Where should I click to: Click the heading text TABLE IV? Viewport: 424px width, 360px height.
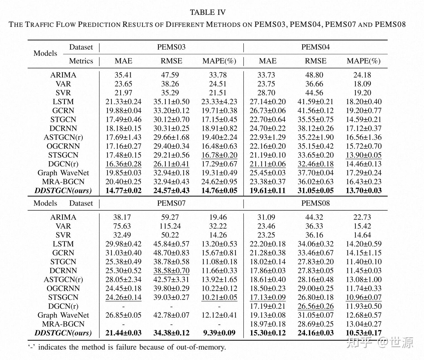pos(208,12)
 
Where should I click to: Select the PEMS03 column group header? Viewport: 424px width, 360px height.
pos(171,47)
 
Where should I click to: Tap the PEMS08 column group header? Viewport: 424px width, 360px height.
pos(315,203)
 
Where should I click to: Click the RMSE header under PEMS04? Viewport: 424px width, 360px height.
pos(315,61)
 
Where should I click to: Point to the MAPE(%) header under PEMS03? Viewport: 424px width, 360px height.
pos(219,61)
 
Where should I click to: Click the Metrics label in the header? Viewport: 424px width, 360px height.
pos(81,61)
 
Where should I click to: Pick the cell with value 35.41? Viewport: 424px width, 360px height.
pos(123,75)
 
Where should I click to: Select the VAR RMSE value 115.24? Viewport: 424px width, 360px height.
pos(171,226)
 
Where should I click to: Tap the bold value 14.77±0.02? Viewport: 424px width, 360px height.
pos(123,191)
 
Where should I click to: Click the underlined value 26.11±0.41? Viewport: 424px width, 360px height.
pos(171,164)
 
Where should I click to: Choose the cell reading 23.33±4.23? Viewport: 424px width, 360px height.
pos(219,102)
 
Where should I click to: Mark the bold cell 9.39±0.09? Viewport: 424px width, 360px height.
pos(219,333)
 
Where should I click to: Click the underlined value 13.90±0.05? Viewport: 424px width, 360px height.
pos(364,155)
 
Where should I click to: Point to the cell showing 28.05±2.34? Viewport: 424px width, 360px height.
pos(123,279)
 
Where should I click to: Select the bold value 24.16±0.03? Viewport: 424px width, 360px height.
pos(315,333)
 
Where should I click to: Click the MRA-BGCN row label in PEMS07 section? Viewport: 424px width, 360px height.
pos(63,324)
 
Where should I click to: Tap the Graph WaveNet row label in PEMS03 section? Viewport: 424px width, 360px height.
pos(63,173)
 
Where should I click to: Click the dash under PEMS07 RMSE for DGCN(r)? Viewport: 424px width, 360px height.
pos(171,306)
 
